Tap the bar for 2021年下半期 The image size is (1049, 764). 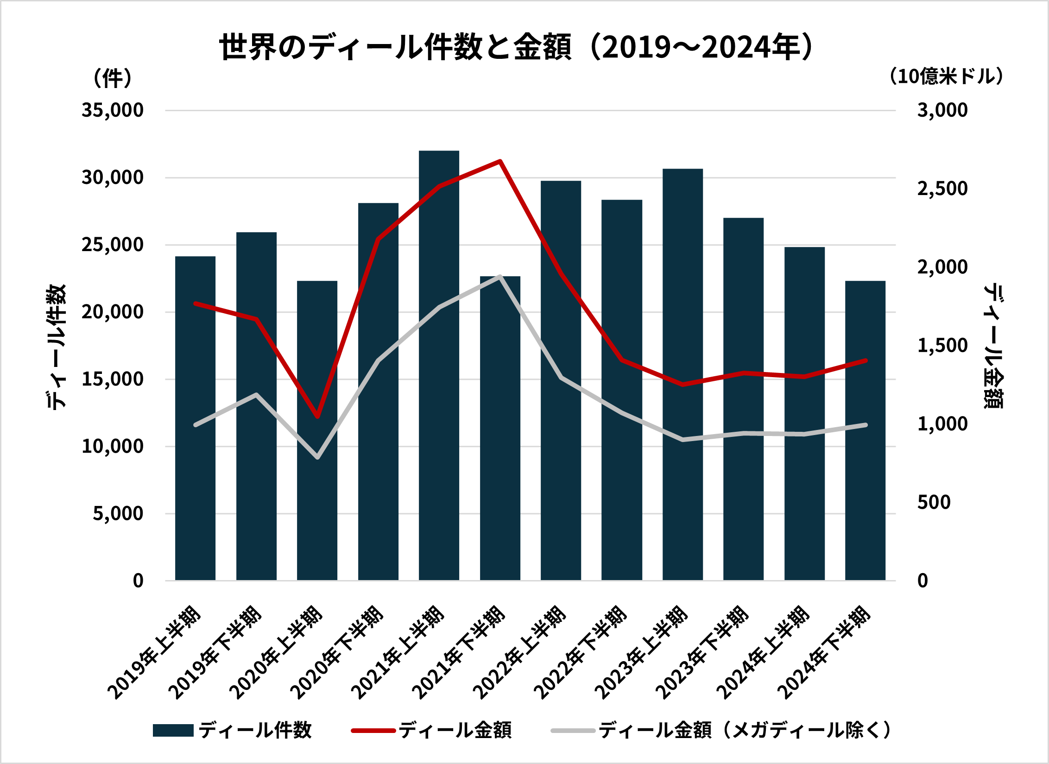500,428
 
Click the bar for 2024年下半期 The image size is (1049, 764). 865,430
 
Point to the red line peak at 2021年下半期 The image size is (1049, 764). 500,161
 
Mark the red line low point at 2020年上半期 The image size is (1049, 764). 317,417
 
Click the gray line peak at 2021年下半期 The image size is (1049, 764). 500,277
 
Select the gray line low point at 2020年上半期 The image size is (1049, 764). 317,457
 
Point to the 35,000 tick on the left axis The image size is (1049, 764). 113,110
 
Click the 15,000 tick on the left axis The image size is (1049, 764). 113,379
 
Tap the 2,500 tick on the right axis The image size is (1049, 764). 942,189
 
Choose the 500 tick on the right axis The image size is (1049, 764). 934,502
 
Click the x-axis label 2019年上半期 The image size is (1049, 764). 155,653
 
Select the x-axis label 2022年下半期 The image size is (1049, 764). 581,653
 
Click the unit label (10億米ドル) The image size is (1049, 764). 945,76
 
